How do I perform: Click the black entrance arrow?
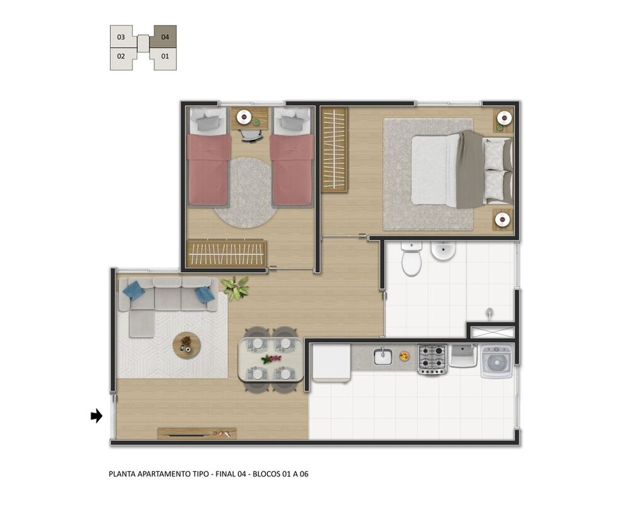tap(96, 416)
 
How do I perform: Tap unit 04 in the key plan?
tap(165, 37)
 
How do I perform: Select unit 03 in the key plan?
tap(121, 37)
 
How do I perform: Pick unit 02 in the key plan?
tap(121, 57)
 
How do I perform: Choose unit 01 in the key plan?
tap(165, 57)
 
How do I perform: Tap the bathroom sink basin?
tap(443, 251)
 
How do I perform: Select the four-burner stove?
tap(432, 359)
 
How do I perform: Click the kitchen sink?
tap(383, 357)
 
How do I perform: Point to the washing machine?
tap(497, 362)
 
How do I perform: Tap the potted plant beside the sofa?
tap(236, 288)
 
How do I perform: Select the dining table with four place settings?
tap(271, 360)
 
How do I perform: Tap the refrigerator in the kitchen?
tap(332, 364)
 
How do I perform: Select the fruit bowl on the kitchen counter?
tap(404, 355)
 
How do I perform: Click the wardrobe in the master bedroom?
tap(335, 150)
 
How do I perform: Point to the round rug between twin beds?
tap(244, 193)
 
